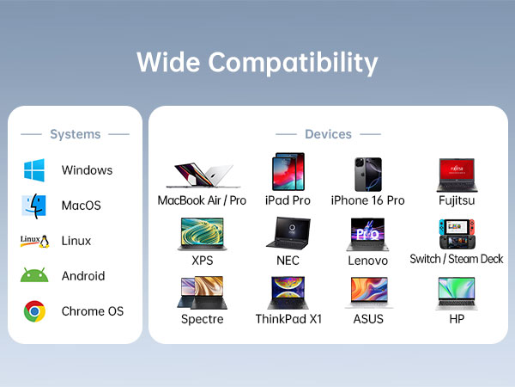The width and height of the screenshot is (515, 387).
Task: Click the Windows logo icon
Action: pos(34,170)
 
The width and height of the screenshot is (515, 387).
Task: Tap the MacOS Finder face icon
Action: pos(34,206)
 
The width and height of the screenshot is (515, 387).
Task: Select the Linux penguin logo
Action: pos(34,241)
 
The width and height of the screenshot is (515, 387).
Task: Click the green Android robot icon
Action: pos(34,276)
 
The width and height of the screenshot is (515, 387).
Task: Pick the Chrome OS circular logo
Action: pos(34,311)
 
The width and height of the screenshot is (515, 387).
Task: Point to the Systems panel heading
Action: pos(76,134)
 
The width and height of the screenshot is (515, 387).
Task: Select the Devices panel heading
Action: pos(328,134)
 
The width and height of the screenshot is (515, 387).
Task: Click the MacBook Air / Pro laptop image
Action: pos(203,175)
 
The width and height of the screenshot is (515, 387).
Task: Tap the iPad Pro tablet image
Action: pos(288,172)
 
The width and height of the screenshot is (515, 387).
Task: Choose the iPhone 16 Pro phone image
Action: pos(367,174)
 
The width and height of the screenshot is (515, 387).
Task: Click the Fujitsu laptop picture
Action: pos(457,175)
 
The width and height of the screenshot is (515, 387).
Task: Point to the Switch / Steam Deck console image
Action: pos(457,234)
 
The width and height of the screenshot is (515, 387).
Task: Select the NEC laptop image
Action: pos(288,234)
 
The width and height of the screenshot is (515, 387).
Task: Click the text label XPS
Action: pos(203,260)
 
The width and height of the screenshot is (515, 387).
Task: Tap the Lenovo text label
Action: pos(367,260)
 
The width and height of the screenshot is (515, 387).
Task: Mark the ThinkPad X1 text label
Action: pos(288,319)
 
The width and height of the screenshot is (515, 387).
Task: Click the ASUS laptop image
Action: pos(367,293)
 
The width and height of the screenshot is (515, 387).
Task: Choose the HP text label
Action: pos(457,319)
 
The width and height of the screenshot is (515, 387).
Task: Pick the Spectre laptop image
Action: pos(203,293)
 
